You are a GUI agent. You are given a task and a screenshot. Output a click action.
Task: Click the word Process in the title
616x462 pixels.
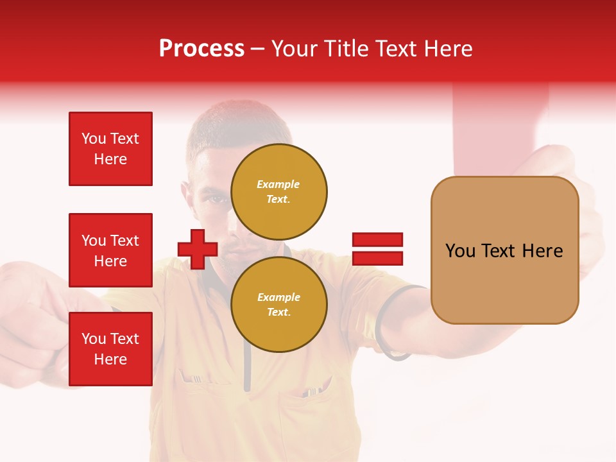[x=201, y=49]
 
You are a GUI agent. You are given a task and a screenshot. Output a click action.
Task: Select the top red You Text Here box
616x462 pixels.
[x=110, y=149]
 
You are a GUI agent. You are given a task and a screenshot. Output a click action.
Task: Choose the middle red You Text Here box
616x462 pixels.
[x=110, y=250]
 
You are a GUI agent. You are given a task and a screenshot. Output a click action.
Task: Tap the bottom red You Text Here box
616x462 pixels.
[x=110, y=349]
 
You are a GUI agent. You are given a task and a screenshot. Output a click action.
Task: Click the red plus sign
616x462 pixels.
[x=198, y=249]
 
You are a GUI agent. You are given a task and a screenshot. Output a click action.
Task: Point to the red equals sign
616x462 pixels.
[x=377, y=249]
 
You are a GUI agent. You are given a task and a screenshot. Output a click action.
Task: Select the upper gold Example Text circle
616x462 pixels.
[x=278, y=192]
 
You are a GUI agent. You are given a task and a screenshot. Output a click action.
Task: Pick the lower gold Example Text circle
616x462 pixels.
[x=278, y=304]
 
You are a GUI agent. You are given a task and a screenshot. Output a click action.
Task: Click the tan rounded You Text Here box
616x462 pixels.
[x=504, y=250]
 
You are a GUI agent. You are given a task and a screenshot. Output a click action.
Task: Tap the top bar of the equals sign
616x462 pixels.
[x=377, y=240]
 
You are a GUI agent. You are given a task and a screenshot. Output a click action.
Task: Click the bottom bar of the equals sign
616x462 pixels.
[x=377, y=258]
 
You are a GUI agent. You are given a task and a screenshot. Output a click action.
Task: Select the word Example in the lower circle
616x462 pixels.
[x=278, y=297]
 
